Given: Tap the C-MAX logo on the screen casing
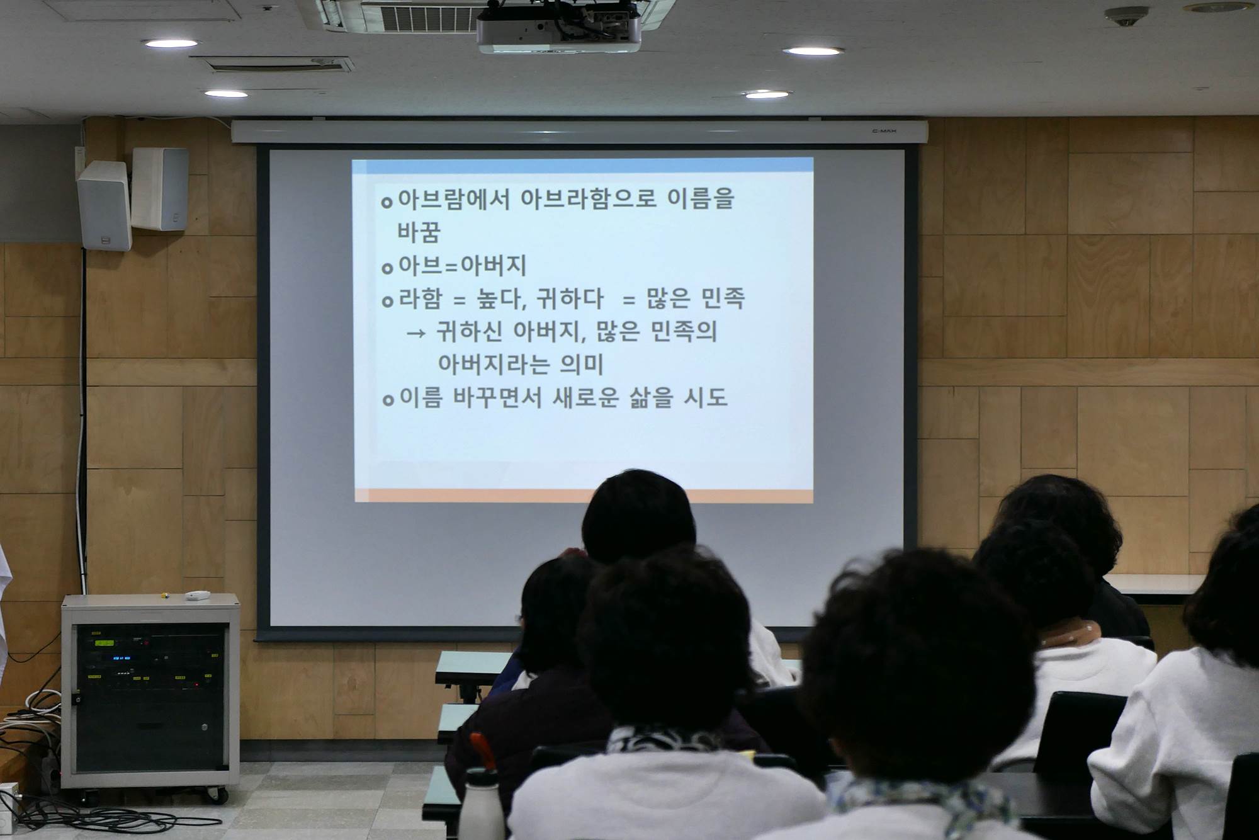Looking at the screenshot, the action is (x=884, y=132).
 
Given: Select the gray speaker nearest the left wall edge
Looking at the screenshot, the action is (x=104, y=206).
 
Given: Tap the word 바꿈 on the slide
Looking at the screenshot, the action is (x=419, y=232).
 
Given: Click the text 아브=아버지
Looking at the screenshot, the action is (x=462, y=266).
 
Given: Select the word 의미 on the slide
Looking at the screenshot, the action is (x=582, y=365).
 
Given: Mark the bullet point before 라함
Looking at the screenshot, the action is (x=387, y=302).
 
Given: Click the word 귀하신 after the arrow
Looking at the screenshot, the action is (x=470, y=332).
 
